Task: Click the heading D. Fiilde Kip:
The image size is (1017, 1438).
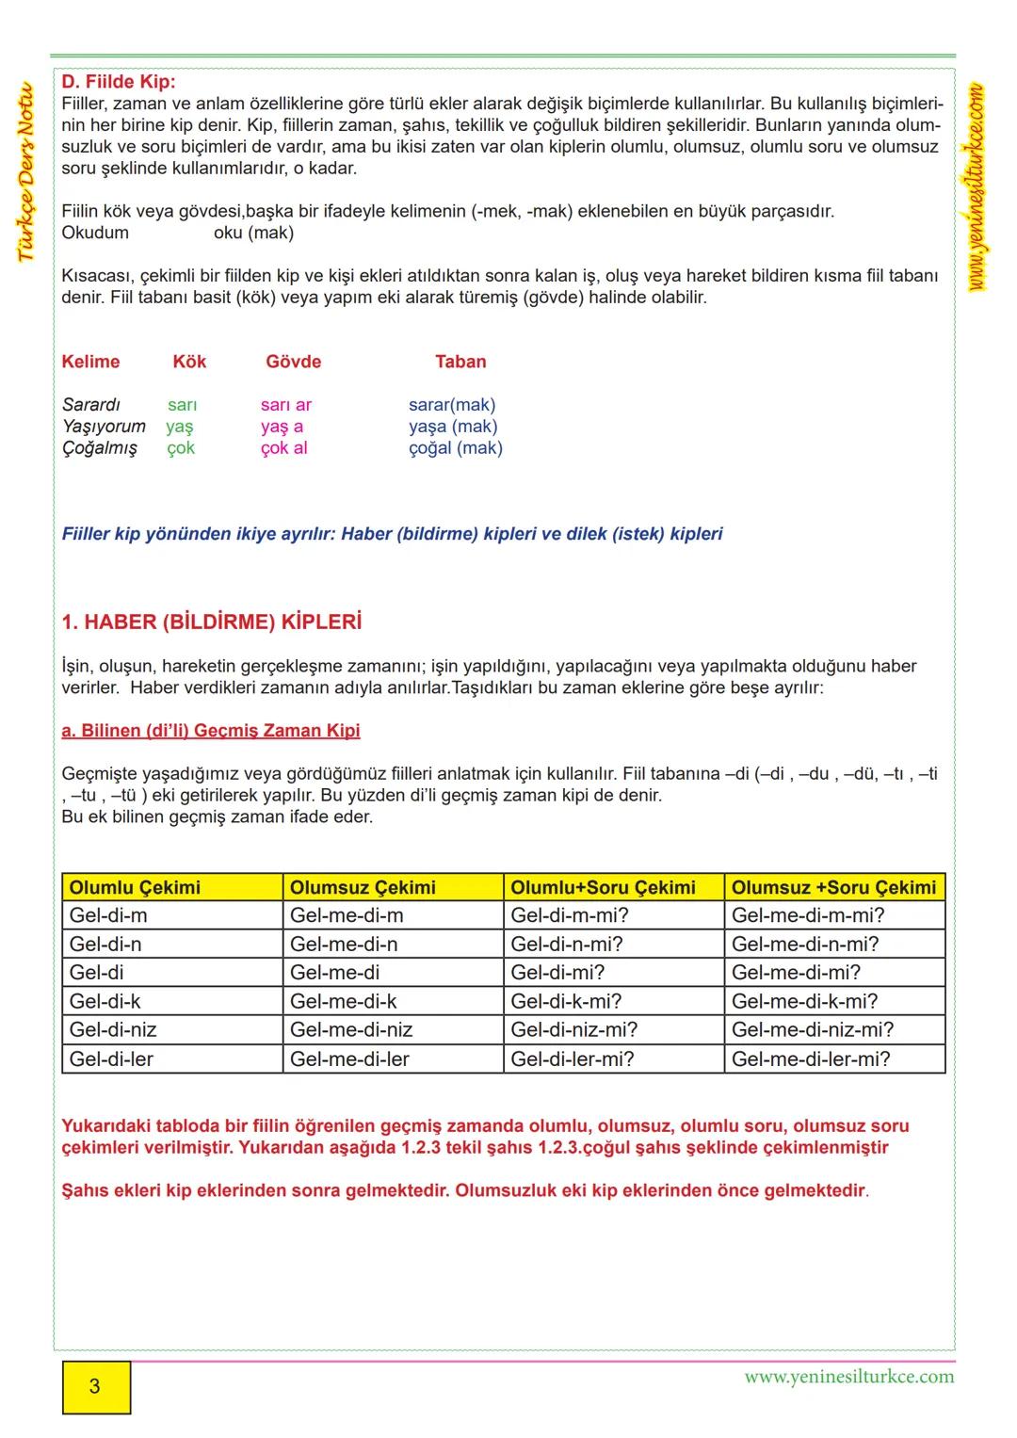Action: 119,82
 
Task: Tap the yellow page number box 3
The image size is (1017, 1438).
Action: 96,1386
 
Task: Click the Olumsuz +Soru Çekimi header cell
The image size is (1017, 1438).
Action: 833,887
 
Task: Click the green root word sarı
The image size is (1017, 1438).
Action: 182,405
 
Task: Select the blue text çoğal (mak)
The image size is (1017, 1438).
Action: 456,448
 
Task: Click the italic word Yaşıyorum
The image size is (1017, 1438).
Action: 104,427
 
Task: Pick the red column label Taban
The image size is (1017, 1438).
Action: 460,362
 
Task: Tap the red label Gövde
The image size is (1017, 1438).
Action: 293,362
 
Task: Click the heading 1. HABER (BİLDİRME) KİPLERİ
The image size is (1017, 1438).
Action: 212,622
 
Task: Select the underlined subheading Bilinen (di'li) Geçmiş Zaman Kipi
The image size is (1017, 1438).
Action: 211,731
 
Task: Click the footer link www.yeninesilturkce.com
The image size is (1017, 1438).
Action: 848,1377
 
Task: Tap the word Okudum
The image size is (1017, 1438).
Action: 95,233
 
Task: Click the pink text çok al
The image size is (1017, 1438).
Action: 283,448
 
